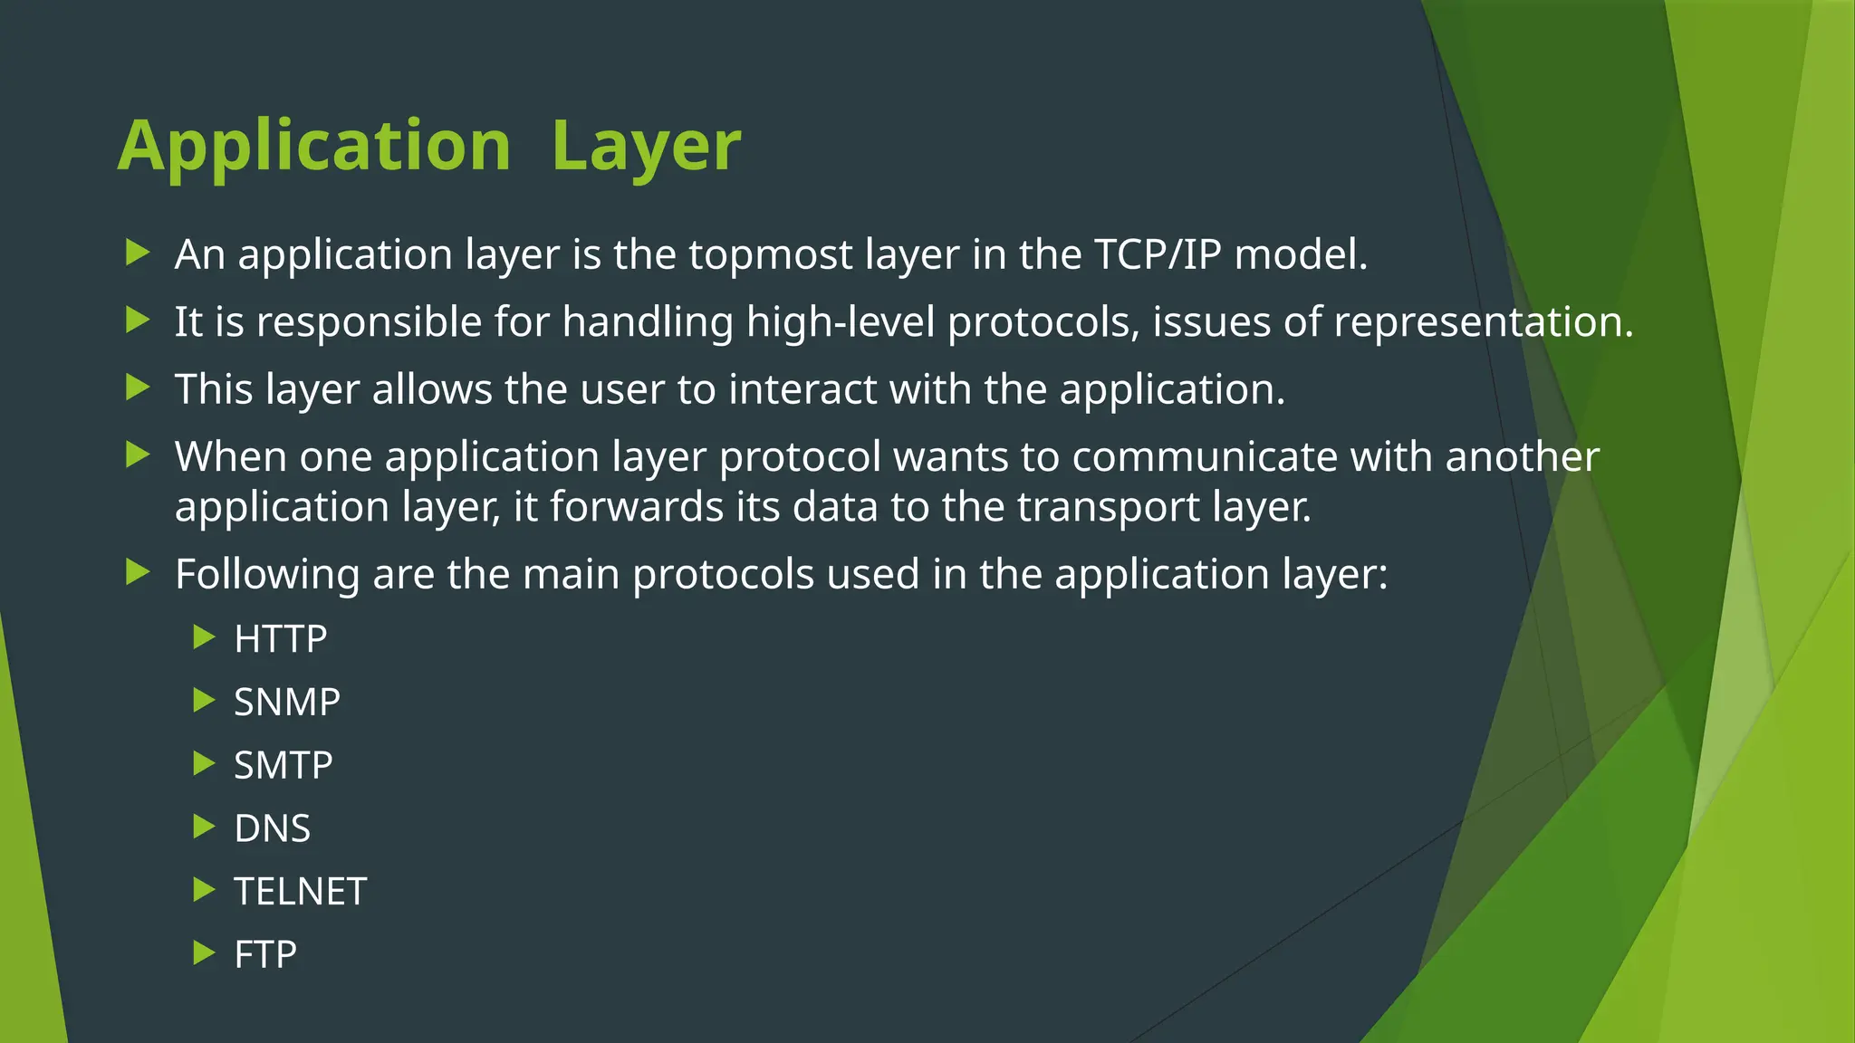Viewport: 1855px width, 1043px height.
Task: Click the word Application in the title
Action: coord(314,147)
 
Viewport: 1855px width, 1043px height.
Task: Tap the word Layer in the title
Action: coord(646,147)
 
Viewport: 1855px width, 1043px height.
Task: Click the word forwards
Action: coord(636,507)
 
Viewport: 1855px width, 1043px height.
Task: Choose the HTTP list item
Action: coord(280,639)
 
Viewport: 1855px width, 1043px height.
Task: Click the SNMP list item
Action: coord(286,703)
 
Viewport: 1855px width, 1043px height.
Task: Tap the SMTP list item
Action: coord(283,766)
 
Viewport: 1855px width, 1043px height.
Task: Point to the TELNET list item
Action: coord(300,892)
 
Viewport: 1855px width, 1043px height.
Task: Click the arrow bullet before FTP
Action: coord(204,952)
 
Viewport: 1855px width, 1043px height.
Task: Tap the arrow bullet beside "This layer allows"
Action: coord(137,388)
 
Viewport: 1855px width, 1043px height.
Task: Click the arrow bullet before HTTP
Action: coord(204,637)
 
